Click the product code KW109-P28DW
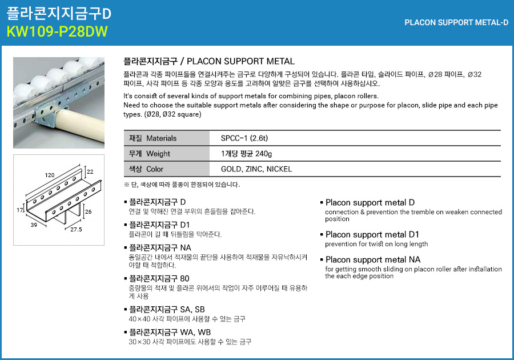57,31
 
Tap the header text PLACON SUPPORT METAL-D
456,23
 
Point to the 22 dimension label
90,171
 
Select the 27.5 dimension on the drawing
77,229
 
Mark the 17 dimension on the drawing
19,211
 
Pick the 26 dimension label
88,211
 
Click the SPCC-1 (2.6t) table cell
244,138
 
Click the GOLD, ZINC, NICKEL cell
256,169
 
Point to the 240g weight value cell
247,154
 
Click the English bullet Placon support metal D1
372,235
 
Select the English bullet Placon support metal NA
373,260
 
